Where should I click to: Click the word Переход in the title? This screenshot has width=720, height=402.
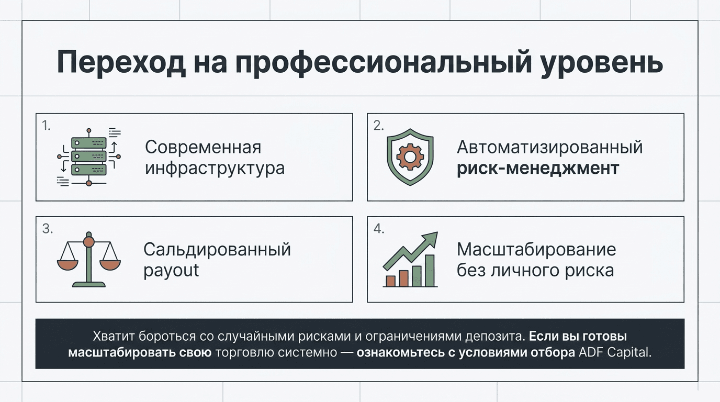point(121,62)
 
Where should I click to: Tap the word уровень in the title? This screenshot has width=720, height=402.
point(602,63)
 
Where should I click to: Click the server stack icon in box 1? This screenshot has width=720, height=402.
point(89,157)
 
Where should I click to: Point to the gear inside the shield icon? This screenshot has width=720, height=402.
point(410,157)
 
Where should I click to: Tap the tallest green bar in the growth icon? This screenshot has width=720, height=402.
point(430,271)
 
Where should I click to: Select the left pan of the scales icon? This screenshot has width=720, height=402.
point(67,265)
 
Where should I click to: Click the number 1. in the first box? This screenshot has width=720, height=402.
point(46,126)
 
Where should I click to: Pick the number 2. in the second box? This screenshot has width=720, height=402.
point(378,126)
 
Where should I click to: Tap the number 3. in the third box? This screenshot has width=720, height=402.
point(47,229)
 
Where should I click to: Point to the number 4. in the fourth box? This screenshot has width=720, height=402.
point(379,229)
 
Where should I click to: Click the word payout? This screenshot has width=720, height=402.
point(171,271)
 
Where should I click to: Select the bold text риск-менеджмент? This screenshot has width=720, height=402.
point(538,168)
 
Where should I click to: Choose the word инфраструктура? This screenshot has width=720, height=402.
point(215,168)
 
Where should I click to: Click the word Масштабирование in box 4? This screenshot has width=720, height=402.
point(536,250)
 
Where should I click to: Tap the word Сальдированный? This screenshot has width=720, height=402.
point(217,250)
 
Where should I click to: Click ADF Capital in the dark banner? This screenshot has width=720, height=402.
point(615,352)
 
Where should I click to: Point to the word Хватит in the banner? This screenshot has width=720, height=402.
point(113,337)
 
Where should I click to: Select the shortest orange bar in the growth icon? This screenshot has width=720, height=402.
point(390,281)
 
